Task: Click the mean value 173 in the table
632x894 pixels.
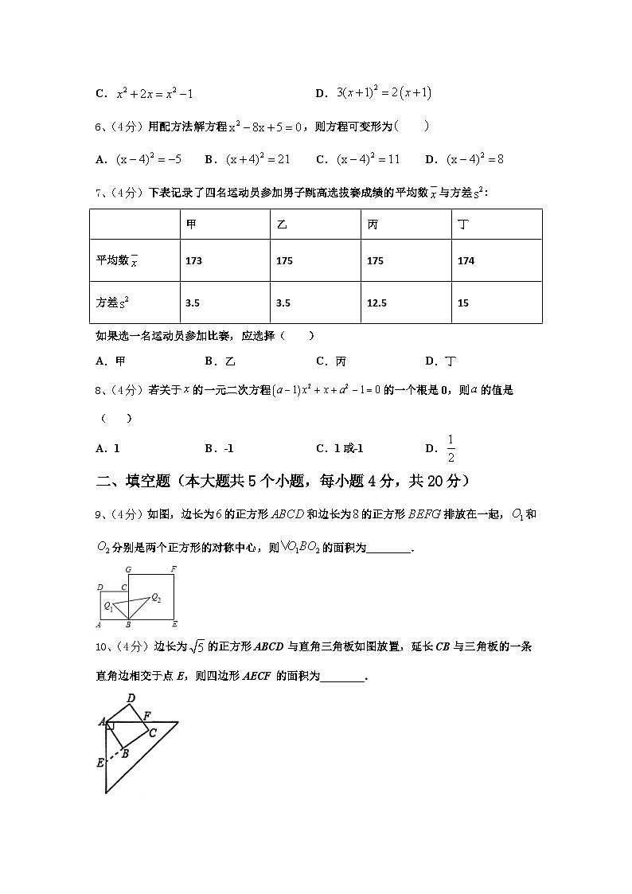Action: click(193, 261)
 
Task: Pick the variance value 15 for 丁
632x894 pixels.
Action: click(463, 303)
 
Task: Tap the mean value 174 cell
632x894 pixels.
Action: click(467, 261)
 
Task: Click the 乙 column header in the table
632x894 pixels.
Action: click(281, 225)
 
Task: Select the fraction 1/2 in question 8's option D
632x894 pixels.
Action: click(451, 448)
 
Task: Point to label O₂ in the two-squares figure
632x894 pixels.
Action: click(156, 598)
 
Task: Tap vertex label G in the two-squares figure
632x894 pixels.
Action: click(127, 570)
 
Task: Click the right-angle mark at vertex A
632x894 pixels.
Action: click(110, 726)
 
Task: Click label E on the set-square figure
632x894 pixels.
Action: click(100, 763)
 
